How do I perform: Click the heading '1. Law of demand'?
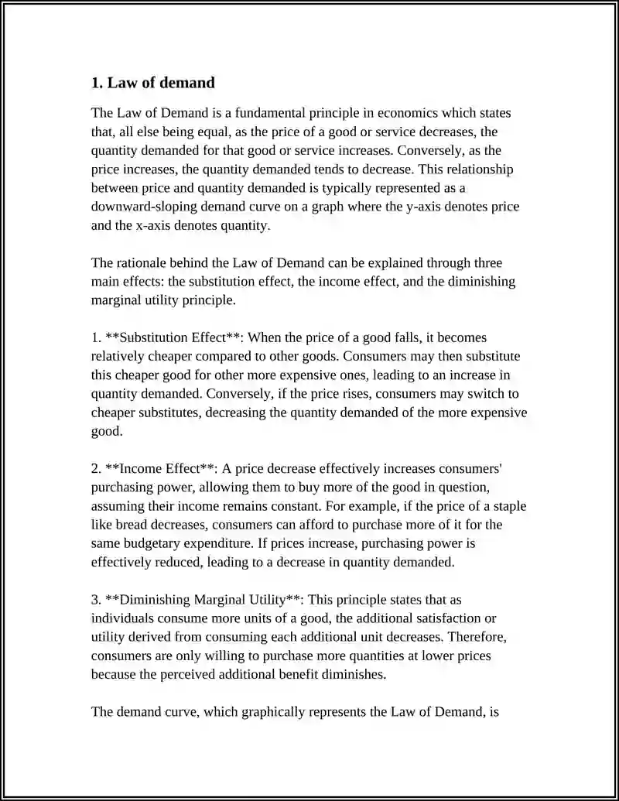click(153, 82)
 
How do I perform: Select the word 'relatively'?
click(120, 357)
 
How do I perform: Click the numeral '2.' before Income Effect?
click(97, 469)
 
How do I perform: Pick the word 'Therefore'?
click(477, 637)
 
